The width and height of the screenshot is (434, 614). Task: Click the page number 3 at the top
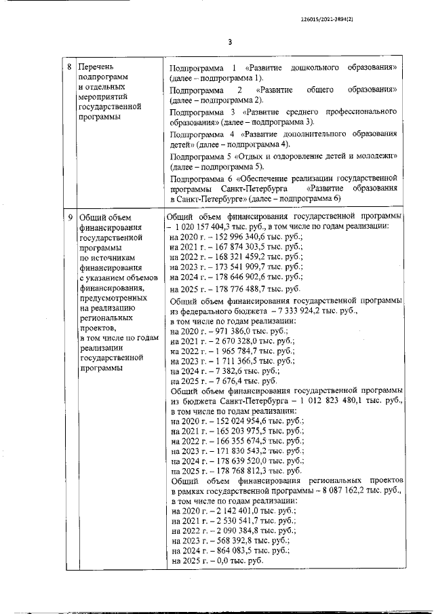coord(229,42)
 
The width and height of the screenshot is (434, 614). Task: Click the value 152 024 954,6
coord(233,421)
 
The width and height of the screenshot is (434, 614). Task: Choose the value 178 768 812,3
coord(234,470)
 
